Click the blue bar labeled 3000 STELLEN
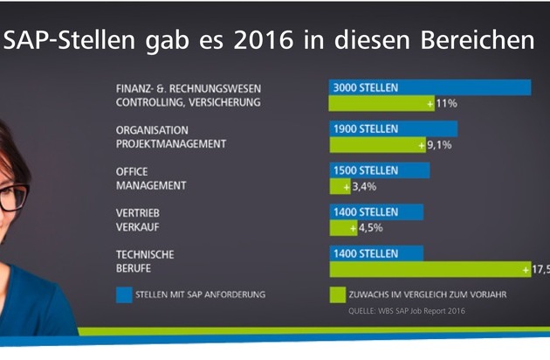(x=430, y=87)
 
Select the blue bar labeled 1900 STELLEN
(x=393, y=128)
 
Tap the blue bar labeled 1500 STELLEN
(x=379, y=170)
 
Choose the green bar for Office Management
(x=340, y=186)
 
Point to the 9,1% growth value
(x=436, y=145)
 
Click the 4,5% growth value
(x=369, y=227)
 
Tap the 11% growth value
(x=446, y=103)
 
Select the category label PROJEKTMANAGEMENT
(x=171, y=144)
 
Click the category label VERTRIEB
(x=138, y=212)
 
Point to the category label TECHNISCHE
(x=145, y=253)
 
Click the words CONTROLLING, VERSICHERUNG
(x=189, y=103)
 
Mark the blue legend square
(x=125, y=294)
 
